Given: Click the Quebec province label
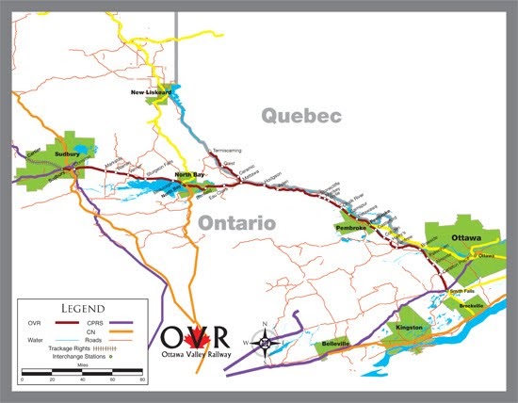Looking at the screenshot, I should pos(300,116).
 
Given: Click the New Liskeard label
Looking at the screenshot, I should pos(152,92).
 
